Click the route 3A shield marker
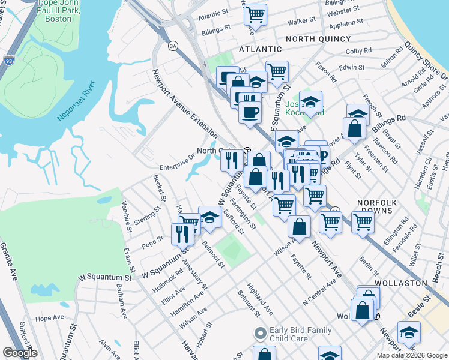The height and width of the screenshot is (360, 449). (173, 46)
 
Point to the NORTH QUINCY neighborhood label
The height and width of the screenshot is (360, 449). (318, 39)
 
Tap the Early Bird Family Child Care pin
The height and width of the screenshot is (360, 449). (260, 333)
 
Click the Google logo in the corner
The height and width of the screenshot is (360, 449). (19, 353)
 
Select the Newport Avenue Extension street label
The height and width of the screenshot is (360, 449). (185, 103)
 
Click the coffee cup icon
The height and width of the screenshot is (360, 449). (250, 112)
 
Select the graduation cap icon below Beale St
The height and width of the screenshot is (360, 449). (409, 332)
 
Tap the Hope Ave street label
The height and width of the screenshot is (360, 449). (49, 317)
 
